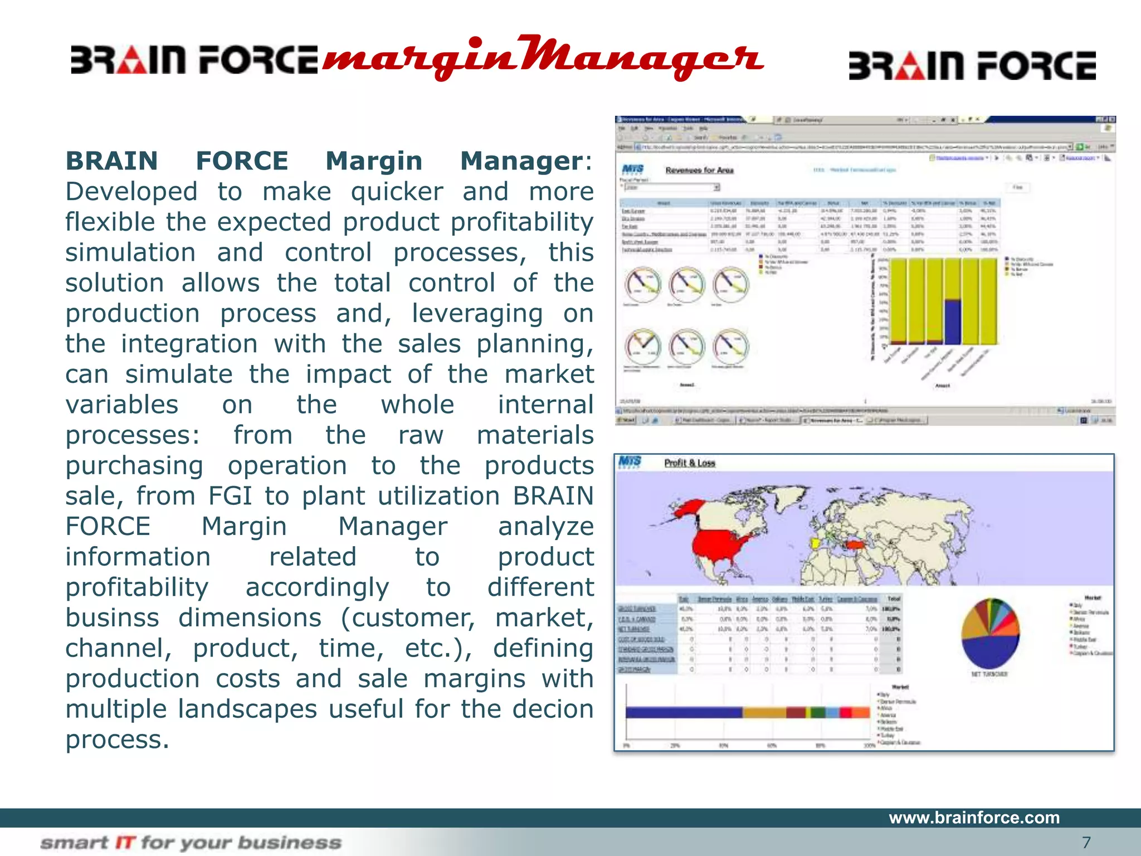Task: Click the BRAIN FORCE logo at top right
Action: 972,66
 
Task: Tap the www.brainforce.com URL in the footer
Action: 974,818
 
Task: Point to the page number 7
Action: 1086,842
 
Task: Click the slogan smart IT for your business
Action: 191,843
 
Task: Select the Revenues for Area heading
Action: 699,170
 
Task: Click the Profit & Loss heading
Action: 689,463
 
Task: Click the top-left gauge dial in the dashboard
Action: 642,284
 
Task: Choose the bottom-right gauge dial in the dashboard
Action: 731,347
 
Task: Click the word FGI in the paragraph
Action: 230,496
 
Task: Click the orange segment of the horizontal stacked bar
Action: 764,712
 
